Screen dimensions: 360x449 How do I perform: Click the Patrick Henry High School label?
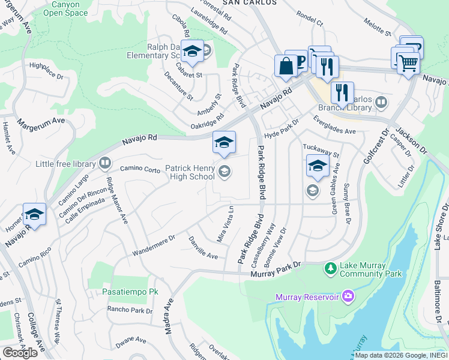(190, 173)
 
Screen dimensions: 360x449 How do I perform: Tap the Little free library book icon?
(105, 163)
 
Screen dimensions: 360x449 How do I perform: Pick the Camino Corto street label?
(140, 170)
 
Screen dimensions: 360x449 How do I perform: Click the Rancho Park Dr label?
(130, 311)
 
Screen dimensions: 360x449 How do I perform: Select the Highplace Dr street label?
(46, 70)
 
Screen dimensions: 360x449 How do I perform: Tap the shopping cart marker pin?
(408, 62)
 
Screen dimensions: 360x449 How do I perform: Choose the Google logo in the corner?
(20, 353)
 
